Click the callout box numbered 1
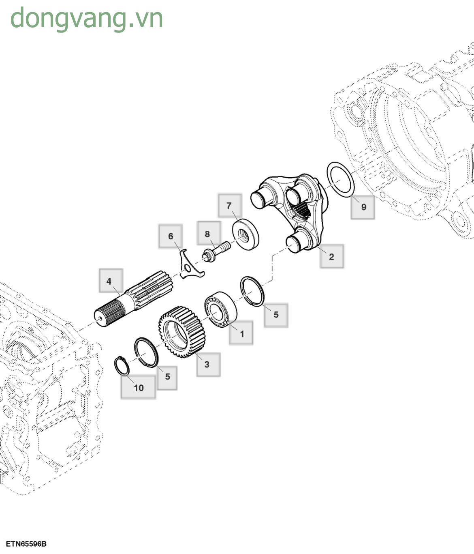click(x=241, y=333)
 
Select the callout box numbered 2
click(x=331, y=256)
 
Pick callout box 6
click(x=171, y=236)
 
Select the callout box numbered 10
click(x=139, y=387)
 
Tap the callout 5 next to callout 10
click(x=167, y=376)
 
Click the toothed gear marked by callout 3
click(x=181, y=332)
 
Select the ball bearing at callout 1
click(x=221, y=308)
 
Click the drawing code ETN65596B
click(x=26, y=543)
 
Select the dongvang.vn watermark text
click(x=87, y=18)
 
